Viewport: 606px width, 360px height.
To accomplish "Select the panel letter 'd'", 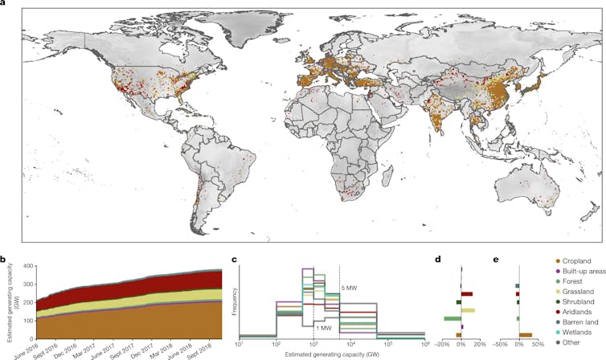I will [x=436, y=259].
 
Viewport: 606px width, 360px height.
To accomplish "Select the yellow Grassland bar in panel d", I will [x=468, y=310].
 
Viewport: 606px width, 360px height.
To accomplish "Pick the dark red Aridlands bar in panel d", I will [x=466, y=294].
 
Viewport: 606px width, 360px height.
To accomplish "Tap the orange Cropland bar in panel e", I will [x=526, y=334].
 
